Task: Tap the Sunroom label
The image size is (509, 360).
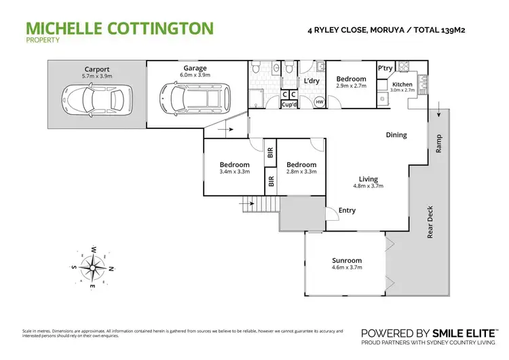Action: click(347, 260)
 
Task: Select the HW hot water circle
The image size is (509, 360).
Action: click(319, 102)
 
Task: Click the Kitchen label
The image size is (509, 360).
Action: click(398, 84)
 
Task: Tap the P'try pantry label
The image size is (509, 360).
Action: click(385, 69)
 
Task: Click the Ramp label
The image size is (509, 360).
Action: click(438, 142)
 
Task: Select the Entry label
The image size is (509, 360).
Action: click(347, 210)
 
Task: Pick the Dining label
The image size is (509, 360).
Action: click(396, 135)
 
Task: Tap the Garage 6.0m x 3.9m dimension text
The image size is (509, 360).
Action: click(194, 75)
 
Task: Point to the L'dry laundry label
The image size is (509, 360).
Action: click(312, 82)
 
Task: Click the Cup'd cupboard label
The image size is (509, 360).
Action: click(289, 105)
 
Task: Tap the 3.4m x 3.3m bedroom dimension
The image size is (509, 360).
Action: click(234, 172)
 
